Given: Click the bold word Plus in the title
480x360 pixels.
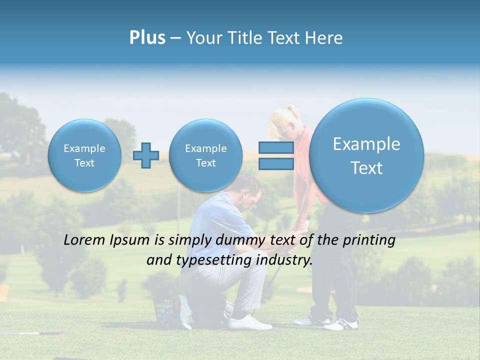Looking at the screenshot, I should click(147, 38).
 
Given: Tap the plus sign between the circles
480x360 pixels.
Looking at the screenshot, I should click(146, 155).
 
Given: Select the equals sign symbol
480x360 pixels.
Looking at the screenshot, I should click(275, 155).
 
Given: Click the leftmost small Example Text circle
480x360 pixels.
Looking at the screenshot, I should click(84, 155).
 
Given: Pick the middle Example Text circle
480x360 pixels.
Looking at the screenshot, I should click(205, 155).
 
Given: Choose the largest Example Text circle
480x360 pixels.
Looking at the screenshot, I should click(366, 155).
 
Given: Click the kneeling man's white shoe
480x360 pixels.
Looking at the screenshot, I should click(249, 322).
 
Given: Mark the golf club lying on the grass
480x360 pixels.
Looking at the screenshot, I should click(30, 333).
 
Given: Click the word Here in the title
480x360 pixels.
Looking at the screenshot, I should click(325, 38).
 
